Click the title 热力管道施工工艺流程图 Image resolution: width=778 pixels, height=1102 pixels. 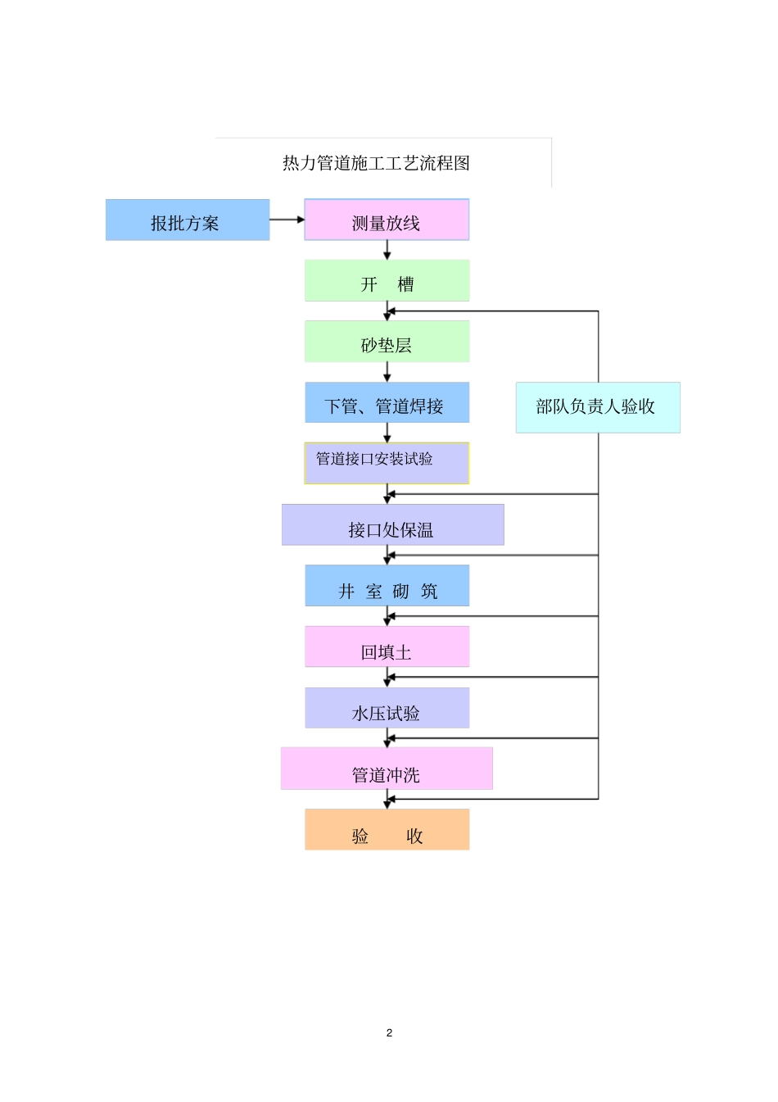coord(376,163)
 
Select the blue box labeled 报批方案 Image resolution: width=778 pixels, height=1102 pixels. coord(188,220)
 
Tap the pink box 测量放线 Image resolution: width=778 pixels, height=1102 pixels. coord(387,220)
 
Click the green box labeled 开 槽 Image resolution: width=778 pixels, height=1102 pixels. coord(387,281)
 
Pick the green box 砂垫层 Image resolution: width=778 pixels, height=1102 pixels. coord(387,342)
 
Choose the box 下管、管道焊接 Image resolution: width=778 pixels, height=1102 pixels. coord(387,403)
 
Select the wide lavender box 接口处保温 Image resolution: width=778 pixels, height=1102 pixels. coord(392,525)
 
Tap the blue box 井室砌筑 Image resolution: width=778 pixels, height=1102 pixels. coord(387,586)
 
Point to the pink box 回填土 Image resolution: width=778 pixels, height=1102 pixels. coord(387,647)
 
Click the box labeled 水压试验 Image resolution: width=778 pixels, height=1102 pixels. coord(387,708)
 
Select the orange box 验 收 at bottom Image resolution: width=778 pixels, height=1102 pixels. coord(387,830)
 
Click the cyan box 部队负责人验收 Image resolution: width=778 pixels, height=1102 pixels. coord(598,407)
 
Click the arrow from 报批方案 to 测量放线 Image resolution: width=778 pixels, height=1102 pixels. coord(287,220)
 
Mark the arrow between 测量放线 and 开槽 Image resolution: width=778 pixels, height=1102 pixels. coord(387,250)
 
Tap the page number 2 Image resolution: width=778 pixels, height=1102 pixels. coord(389,1032)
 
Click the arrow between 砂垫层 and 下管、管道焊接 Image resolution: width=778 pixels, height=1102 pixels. coord(387,372)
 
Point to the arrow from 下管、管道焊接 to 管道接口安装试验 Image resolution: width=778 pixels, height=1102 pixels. coord(387,433)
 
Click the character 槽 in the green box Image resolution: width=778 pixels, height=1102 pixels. coord(405,284)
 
